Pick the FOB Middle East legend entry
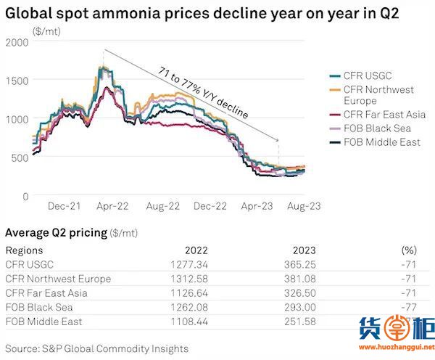tap(381, 142)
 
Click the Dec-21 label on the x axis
tap(64, 207)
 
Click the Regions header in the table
tap(24, 250)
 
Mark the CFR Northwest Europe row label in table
tap(58, 279)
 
